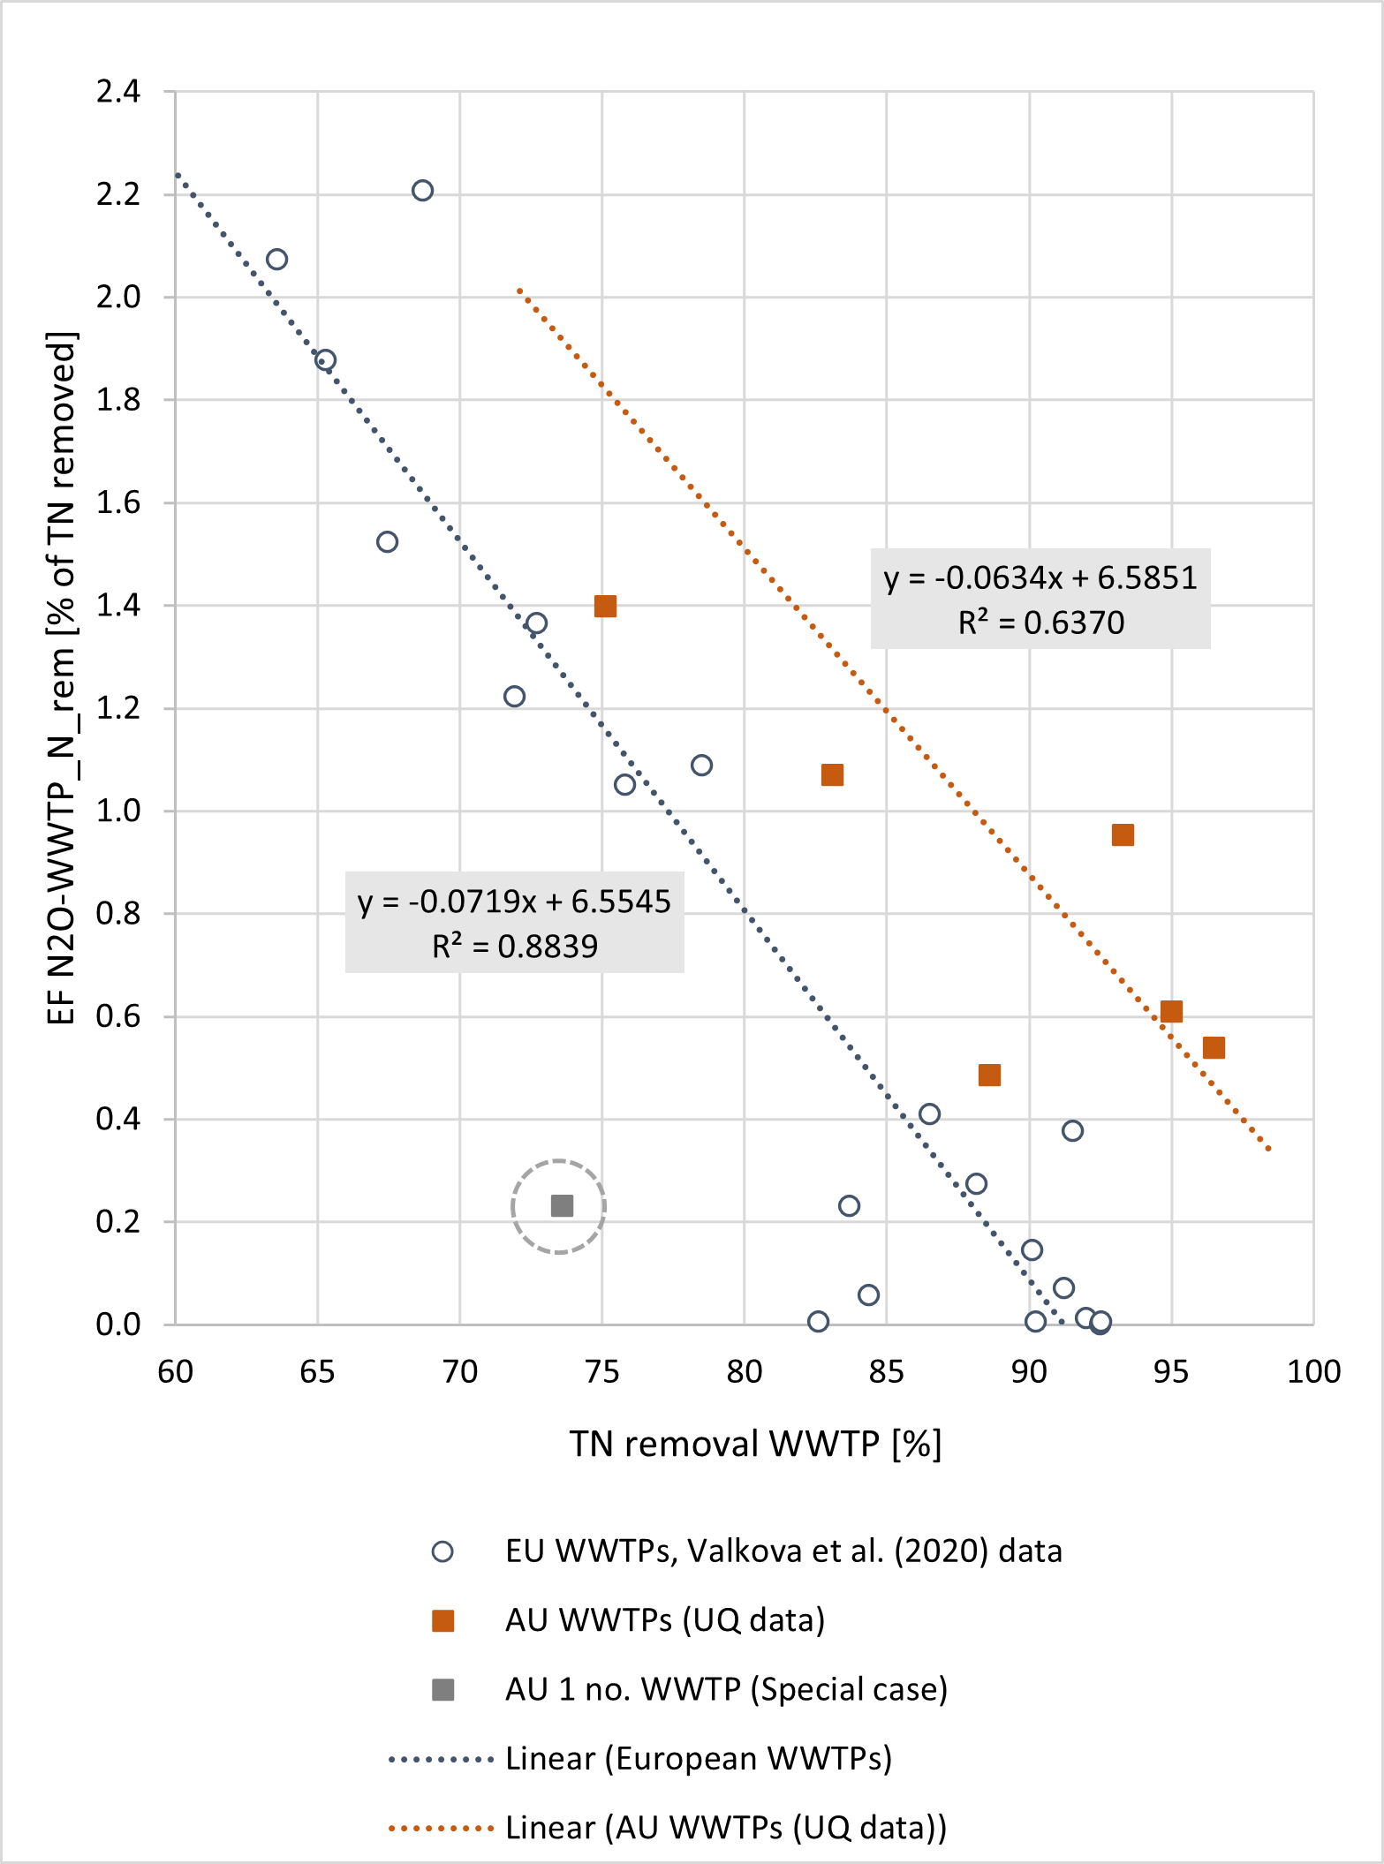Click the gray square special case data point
pyautogui.click(x=562, y=1206)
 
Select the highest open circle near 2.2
pyautogui.click(x=422, y=191)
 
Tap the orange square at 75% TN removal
pyautogui.click(x=605, y=607)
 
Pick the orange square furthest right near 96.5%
pyautogui.click(x=1214, y=1048)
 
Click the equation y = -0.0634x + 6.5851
pyautogui.click(x=1040, y=578)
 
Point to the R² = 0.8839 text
pyautogui.click(x=514, y=947)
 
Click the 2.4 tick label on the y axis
pyautogui.click(x=118, y=92)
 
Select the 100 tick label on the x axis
pyautogui.click(x=1313, y=1371)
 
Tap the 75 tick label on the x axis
pyautogui.click(x=602, y=1371)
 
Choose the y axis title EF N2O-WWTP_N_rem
pyautogui.click(x=62, y=680)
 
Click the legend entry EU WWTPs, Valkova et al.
pyautogui.click(x=783, y=1551)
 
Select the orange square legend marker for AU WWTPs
pyautogui.click(x=442, y=1621)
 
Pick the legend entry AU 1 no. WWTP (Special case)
pyautogui.click(x=726, y=1689)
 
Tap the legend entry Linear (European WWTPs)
pyautogui.click(x=698, y=1759)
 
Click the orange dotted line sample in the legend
pyautogui.click(x=441, y=1828)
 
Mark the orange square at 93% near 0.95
pyautogui.click(x=1123, y=835)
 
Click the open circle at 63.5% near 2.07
pyautogui.click(x=276, y=260)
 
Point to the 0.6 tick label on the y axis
pyautogui.click(x=118, y=1016)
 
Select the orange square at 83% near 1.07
pyautogui.click(x=832, y=775)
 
